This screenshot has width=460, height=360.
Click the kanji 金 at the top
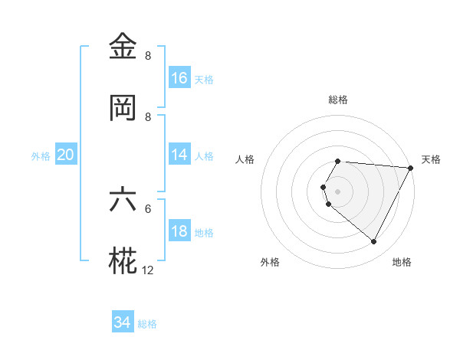click(x=123, y=47)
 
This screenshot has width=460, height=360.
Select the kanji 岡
click(x=123, y=108)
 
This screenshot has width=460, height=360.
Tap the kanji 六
click(x=123, y=200)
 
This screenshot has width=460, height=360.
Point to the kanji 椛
click(x=123, y=261)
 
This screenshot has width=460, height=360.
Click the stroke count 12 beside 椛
click(x=148, y=270)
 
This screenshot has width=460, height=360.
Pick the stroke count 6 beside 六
click(x=148, y=208)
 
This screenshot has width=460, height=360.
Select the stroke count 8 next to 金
click(x=148, y=55)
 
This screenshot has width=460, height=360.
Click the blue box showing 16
click(x=179, y=78)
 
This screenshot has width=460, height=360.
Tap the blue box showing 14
click(x=179, y=155)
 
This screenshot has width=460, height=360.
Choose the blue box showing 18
click(x=179, y=231)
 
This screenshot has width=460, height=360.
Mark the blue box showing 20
click(x=66, y=155)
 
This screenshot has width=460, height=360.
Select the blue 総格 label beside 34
click(x=147, y=324)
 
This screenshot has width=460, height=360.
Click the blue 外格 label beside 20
click(x=41, y=155)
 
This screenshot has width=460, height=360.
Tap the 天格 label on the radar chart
click(x=431, y=159)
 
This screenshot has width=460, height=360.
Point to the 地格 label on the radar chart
click(x=402, y=262)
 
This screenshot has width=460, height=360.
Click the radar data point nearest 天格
click(x=411, y=168)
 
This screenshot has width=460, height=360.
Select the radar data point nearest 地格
click(x=374, y=242)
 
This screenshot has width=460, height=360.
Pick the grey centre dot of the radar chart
click(x=337, y=191)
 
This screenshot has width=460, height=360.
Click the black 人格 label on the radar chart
click(x=245, y=159)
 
